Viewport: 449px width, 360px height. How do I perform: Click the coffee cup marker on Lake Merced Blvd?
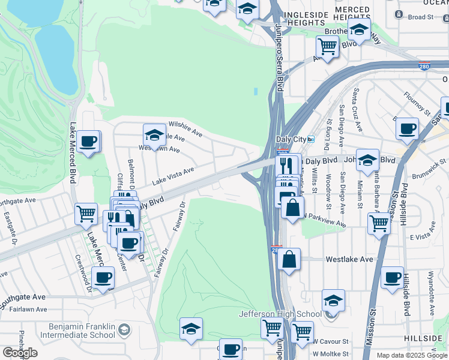click(x=88, y=142)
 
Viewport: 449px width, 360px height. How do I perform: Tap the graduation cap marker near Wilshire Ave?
click(x=154, y=134)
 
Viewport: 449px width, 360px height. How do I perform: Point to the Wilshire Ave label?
click(x=185, y=127)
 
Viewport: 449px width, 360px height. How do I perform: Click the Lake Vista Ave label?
click(x=173, y=175)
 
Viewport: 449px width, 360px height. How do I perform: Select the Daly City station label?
click(x=291, y=139)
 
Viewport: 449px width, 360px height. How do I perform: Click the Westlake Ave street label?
click(x=349, y=260)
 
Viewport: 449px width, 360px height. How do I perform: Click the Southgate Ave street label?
click(x=22, y=299)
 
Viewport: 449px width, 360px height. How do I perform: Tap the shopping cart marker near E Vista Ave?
click(x=379, y=223)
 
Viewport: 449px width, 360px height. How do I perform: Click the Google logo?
click(x=20, y=353)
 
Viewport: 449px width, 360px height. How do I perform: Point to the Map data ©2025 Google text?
click(x=412, y=355)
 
